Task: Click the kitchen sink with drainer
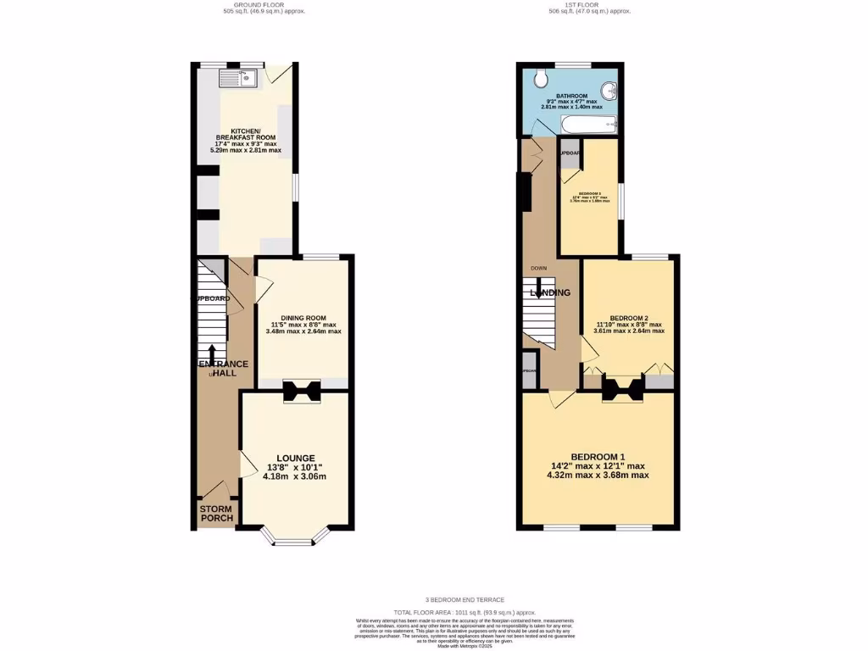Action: coord(238,79)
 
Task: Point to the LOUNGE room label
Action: coord(295,458)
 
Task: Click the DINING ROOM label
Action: coord(303,318)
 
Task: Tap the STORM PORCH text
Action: coord(216,515)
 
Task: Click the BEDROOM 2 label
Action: coord(629,318)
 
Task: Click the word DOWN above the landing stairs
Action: coord(538,268)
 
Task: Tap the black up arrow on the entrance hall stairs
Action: coord(211,353)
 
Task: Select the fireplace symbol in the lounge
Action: coord(301,392)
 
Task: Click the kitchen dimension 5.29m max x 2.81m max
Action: coord(246,150)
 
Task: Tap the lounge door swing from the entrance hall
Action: coord(248,465)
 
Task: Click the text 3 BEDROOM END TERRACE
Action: coord(465,599)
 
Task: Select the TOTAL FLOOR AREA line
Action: coord(465,611)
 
